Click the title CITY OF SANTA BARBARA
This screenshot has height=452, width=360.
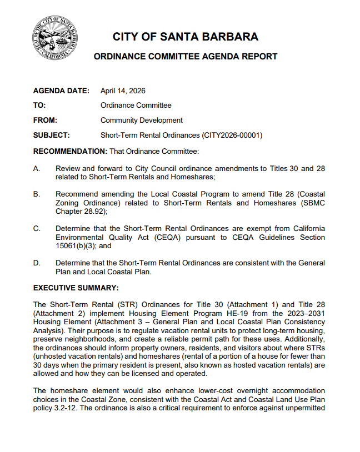point(186,37)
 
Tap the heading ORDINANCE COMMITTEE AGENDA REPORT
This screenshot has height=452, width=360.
point(186,57)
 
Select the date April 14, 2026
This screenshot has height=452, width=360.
point(123,91)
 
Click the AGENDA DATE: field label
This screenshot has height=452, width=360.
point(61,91)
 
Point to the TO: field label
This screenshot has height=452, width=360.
point(39,106)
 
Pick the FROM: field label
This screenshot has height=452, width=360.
point(46,120)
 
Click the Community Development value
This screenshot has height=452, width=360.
point(141,120)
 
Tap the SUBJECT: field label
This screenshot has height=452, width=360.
point(51,135)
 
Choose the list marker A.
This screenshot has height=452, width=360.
point(36,168)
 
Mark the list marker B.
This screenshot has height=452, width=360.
point(36,194)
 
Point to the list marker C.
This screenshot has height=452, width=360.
point(36,229)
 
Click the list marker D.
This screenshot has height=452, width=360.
point(36,263)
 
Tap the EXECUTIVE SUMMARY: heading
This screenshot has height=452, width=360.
point(76,288)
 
